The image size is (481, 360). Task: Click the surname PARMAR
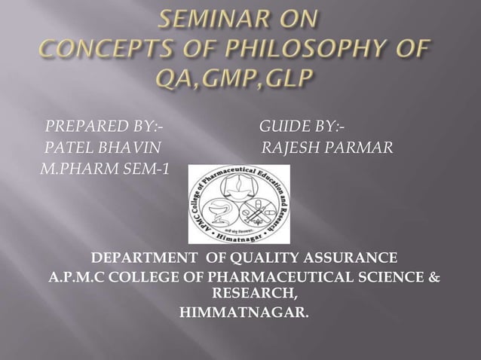point(360,146)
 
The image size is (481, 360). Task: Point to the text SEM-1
point(139,167)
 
